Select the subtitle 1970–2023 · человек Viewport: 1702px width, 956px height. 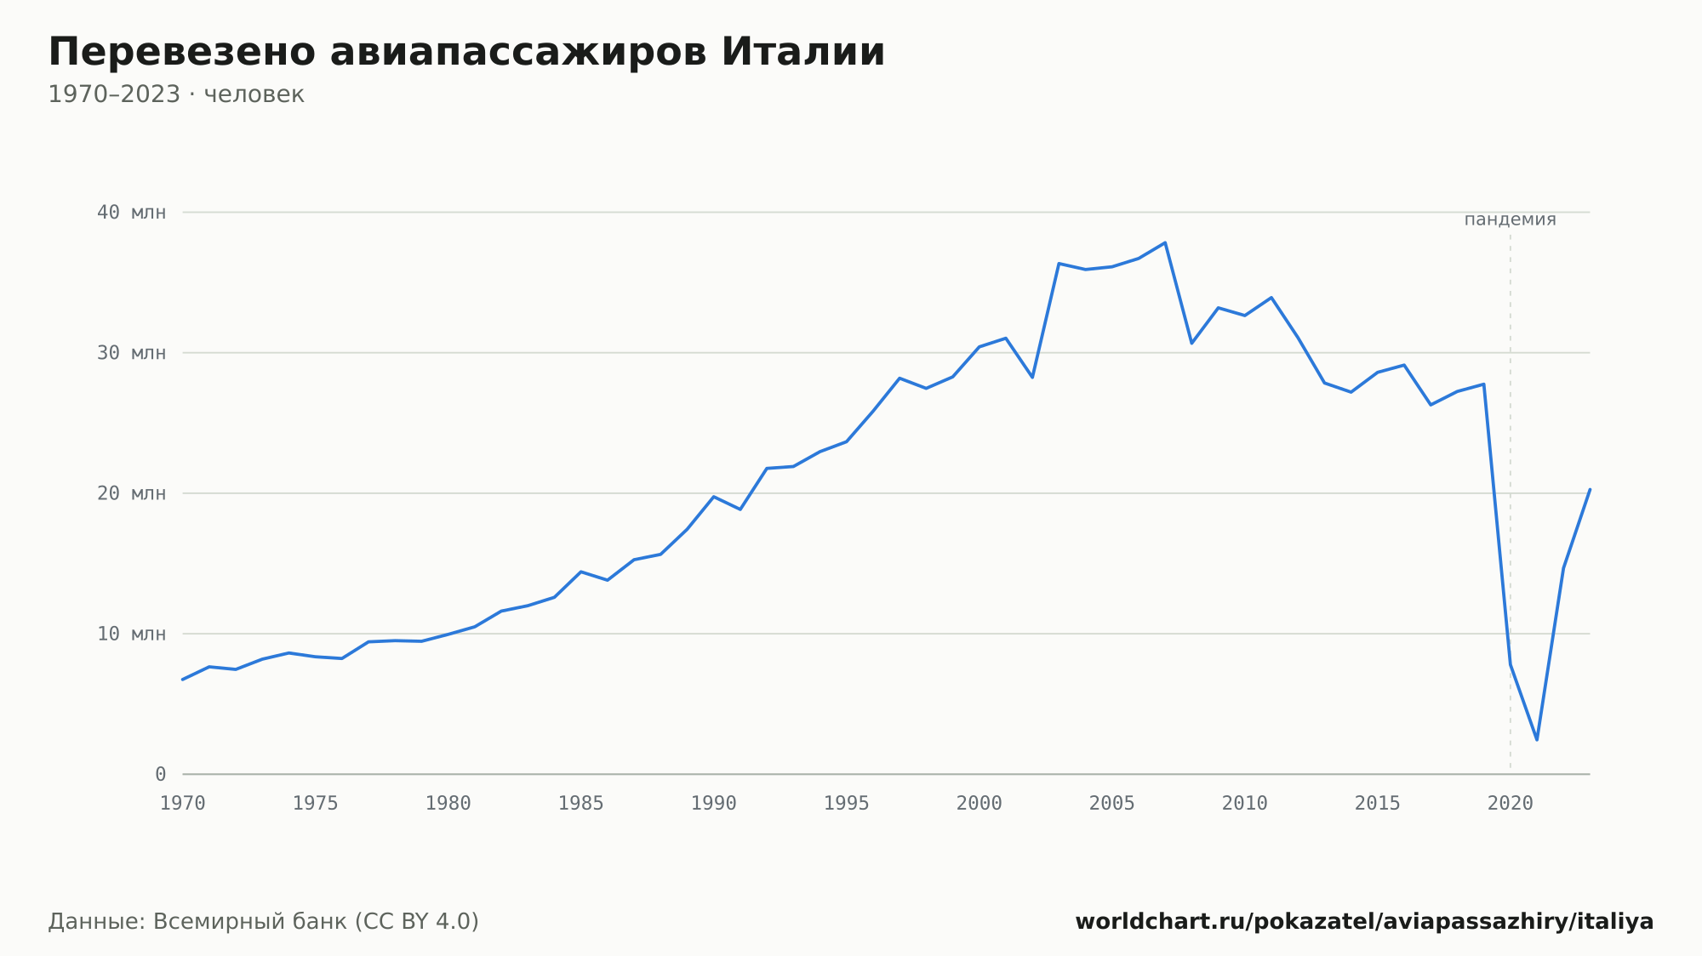pyautogui.click(x=176, y=94)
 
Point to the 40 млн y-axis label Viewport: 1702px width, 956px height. pyautogui.click(x=131, y=213)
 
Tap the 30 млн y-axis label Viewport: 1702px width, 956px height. pyautogui.click(x=131, y=353)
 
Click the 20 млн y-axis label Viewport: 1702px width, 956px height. pyautogui.click(x=131, y=493)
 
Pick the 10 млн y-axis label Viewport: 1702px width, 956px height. pyautogui.click(x=131, y=634)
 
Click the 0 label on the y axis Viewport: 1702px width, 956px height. pyautogui.click(x=161, y=775)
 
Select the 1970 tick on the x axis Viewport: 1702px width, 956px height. pyautogui.click(x=183, y=804)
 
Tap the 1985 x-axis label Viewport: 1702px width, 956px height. pyautogui.click(x=581, y=804)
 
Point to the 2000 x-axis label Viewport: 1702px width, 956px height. pyautogui.click(x=980, y=804)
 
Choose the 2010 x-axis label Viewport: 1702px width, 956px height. pyautogui.click(x=1245, y=804)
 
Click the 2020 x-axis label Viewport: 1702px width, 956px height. pyautogui.click(x=1511, y=804)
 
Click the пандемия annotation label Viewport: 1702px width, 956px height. pyautogui.click(x=1511, y=219)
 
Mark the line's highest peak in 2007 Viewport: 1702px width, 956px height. pyautogui.click(x=1165, y=242)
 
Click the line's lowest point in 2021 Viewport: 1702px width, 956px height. pyautogui.click(x=1537, y=740)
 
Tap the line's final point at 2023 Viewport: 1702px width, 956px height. pyautogui.click(x=1590, y=489)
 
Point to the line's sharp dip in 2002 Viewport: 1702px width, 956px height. pyautogui.click(x=1032, y=377)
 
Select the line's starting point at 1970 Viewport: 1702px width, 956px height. pyautogui.click(x=183, y=680)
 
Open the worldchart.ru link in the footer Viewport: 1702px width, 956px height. pyautogui.click(x=1364, y=922)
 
